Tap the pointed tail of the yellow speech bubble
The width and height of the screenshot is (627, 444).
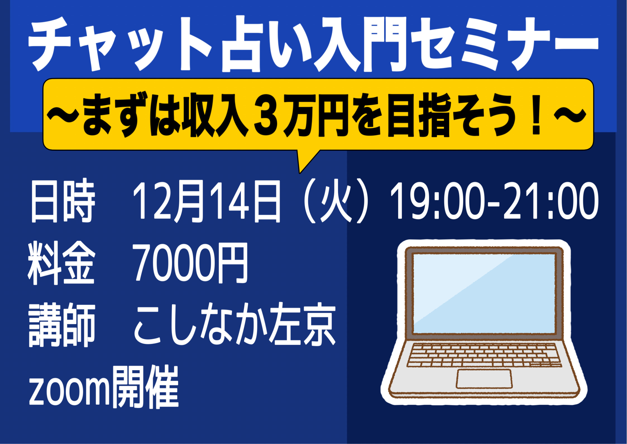coord(300,172)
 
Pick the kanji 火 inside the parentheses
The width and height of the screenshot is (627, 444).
coord(335,201)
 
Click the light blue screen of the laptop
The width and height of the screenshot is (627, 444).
coord(484,294)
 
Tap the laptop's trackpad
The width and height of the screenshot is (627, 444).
coord(484,379)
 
